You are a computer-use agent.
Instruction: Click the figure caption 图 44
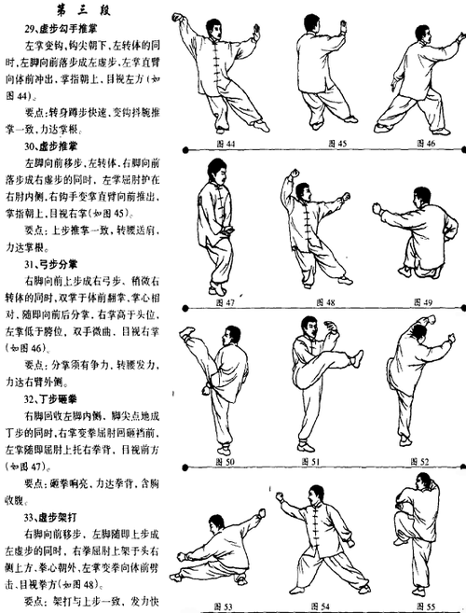coord(225,145)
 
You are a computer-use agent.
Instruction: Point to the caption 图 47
coord(224,302)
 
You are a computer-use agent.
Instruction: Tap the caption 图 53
coord(224,605)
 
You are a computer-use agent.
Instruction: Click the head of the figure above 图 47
coord(211,172)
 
